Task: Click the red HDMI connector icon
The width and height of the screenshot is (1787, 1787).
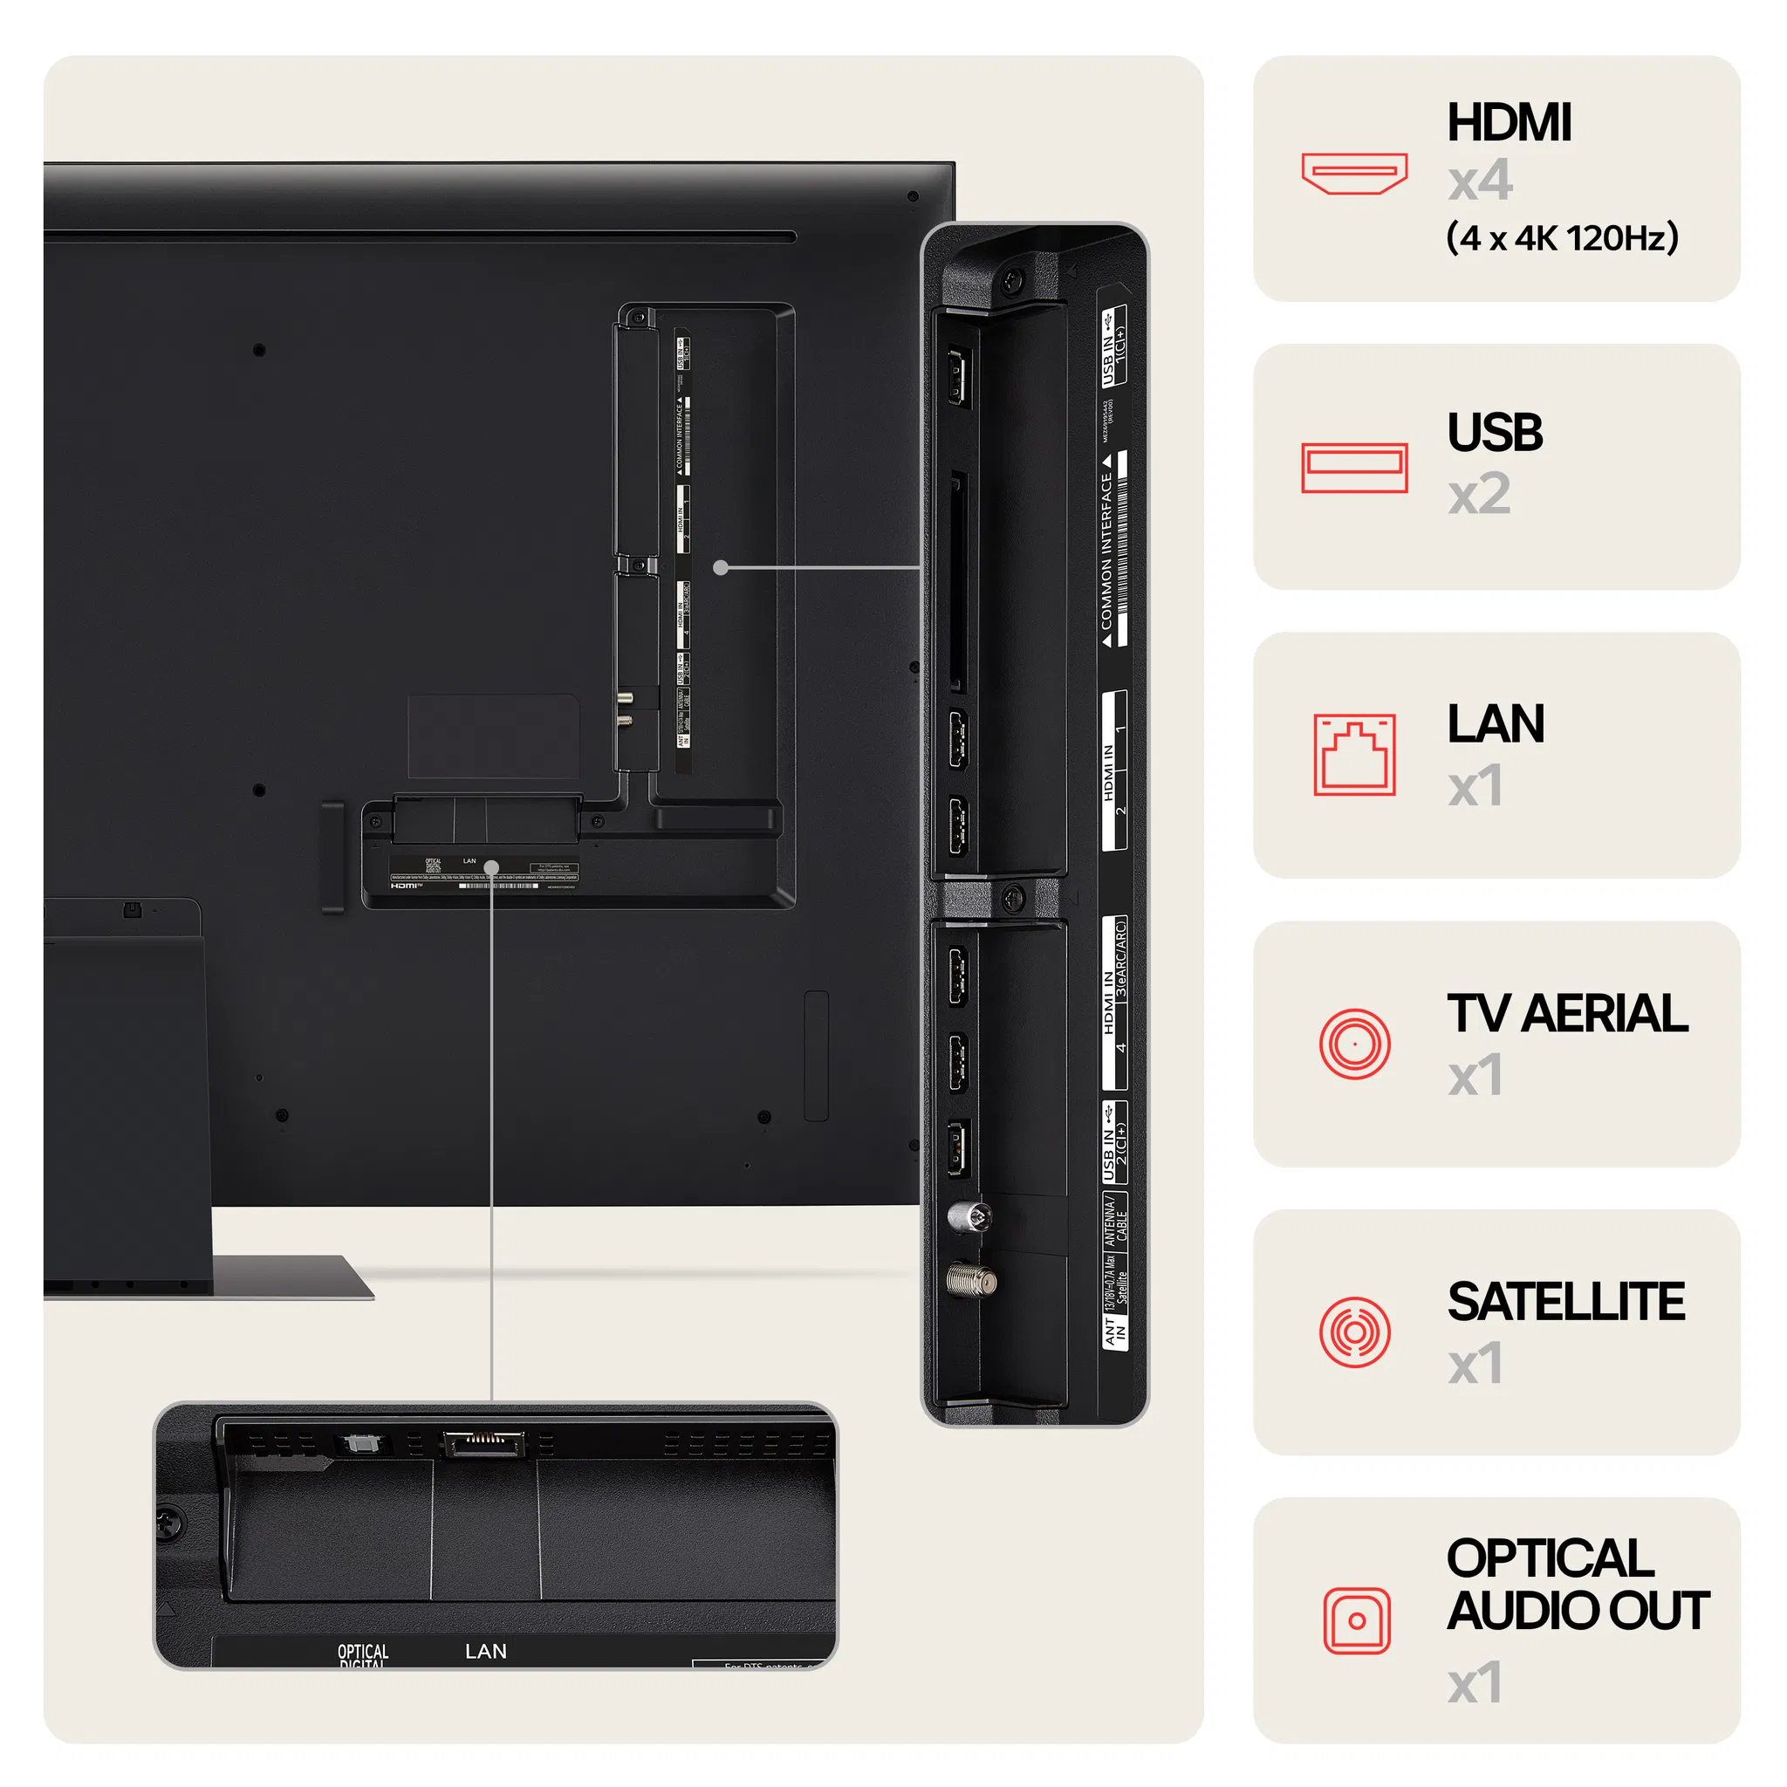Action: [x=1354, y=173]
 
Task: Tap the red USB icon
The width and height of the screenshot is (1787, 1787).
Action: [x=1354, y=468]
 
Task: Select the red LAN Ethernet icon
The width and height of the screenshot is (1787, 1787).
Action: [x=1354, y=754]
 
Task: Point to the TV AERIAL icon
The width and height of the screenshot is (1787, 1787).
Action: [x=1354, y=1044]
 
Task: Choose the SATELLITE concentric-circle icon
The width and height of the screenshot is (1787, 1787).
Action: [x=1354, y=1332]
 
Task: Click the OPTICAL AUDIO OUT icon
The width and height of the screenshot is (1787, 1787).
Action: [x=1356, y=1620]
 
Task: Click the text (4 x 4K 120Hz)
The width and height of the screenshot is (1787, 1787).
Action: [x=1561, y=237]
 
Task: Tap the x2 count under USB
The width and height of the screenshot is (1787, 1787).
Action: [x=1479, y=495]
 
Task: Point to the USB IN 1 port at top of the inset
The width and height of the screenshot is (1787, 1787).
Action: [x=959, y=376]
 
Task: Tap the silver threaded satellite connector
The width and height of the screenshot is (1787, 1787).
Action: [x=971, y=1281]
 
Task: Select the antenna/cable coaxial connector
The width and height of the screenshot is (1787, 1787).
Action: [x=969, y=1217]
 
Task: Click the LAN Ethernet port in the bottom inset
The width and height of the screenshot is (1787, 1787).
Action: [x=483, y=1444]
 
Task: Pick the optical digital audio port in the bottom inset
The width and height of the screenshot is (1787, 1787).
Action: [x=359, y=1444]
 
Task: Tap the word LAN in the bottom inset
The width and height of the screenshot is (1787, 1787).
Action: [x=486, y=1651]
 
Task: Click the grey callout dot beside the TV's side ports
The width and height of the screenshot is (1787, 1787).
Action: [x=721, y=568]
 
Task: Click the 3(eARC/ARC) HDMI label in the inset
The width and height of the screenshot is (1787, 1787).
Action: [x=1120, y=958]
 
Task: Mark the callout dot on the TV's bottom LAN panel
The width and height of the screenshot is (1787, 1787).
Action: [x=491, y=867]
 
